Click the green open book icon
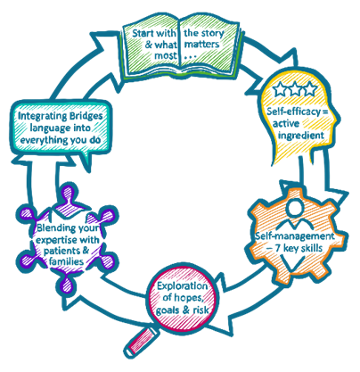pos(180,47)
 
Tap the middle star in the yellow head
pos(295,88)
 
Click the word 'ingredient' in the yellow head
pos(300,136)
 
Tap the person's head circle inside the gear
pos(295,207)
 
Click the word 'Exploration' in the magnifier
pos(183,285)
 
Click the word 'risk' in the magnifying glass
pos(200,310)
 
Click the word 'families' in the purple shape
pos(66,261)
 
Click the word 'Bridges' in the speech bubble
pos(86,116)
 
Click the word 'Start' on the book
pos(143,33)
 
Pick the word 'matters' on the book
pos(202,45)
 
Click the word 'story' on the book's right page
pos(212,33)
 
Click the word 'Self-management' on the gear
pos(295,236)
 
